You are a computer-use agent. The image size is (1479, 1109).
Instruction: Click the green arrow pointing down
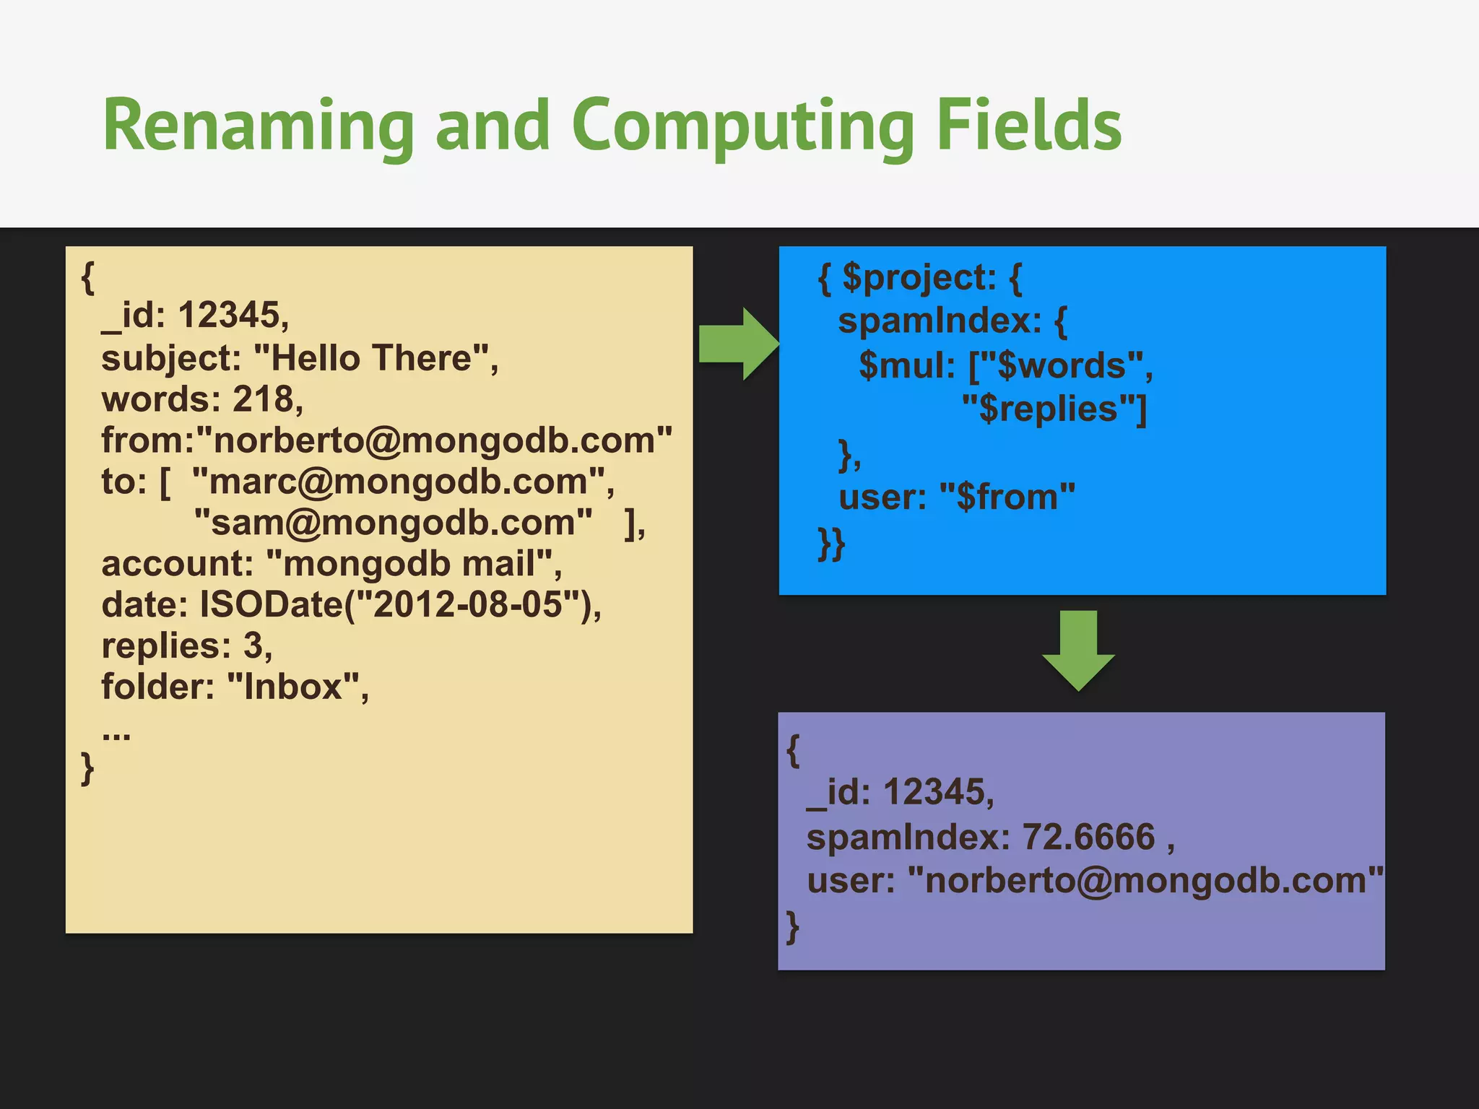[x=1078, y=650]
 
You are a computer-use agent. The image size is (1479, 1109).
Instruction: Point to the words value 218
[x=263, y=399]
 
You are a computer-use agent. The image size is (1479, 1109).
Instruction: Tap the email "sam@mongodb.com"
[x=394, y=522]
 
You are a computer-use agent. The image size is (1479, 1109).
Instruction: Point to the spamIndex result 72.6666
[x=1089, y=838]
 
